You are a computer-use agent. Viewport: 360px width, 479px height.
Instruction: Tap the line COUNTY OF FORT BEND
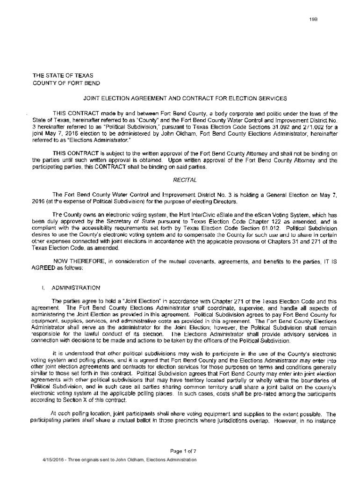point(65,83)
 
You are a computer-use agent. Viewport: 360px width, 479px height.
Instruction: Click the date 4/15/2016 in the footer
point(53,460)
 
